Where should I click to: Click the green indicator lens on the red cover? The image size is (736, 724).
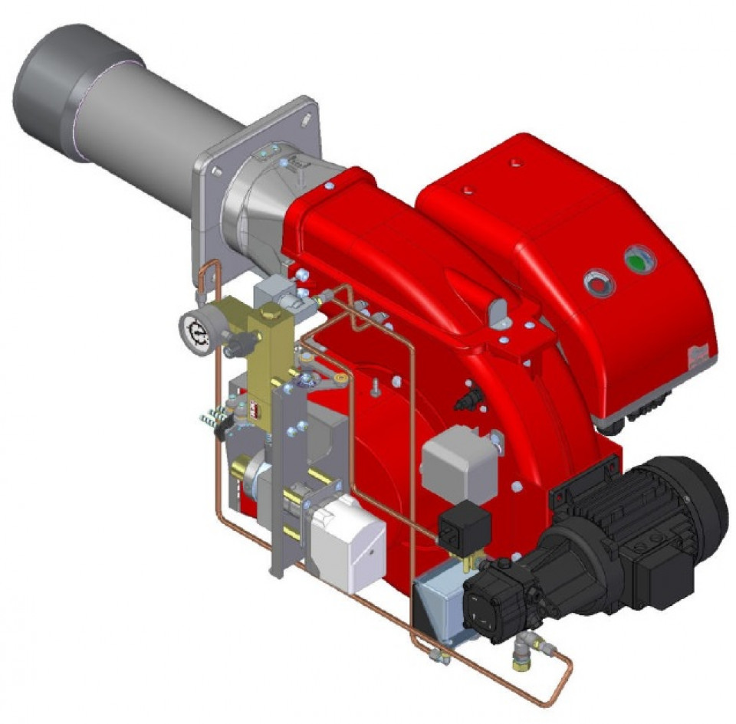pyautogui.click(x=639, y=260)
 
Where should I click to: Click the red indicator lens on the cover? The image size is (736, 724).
pyautogui.click(x=598, y=284)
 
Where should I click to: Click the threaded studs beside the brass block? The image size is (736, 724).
pyautogui.click(x=213, y=418)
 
